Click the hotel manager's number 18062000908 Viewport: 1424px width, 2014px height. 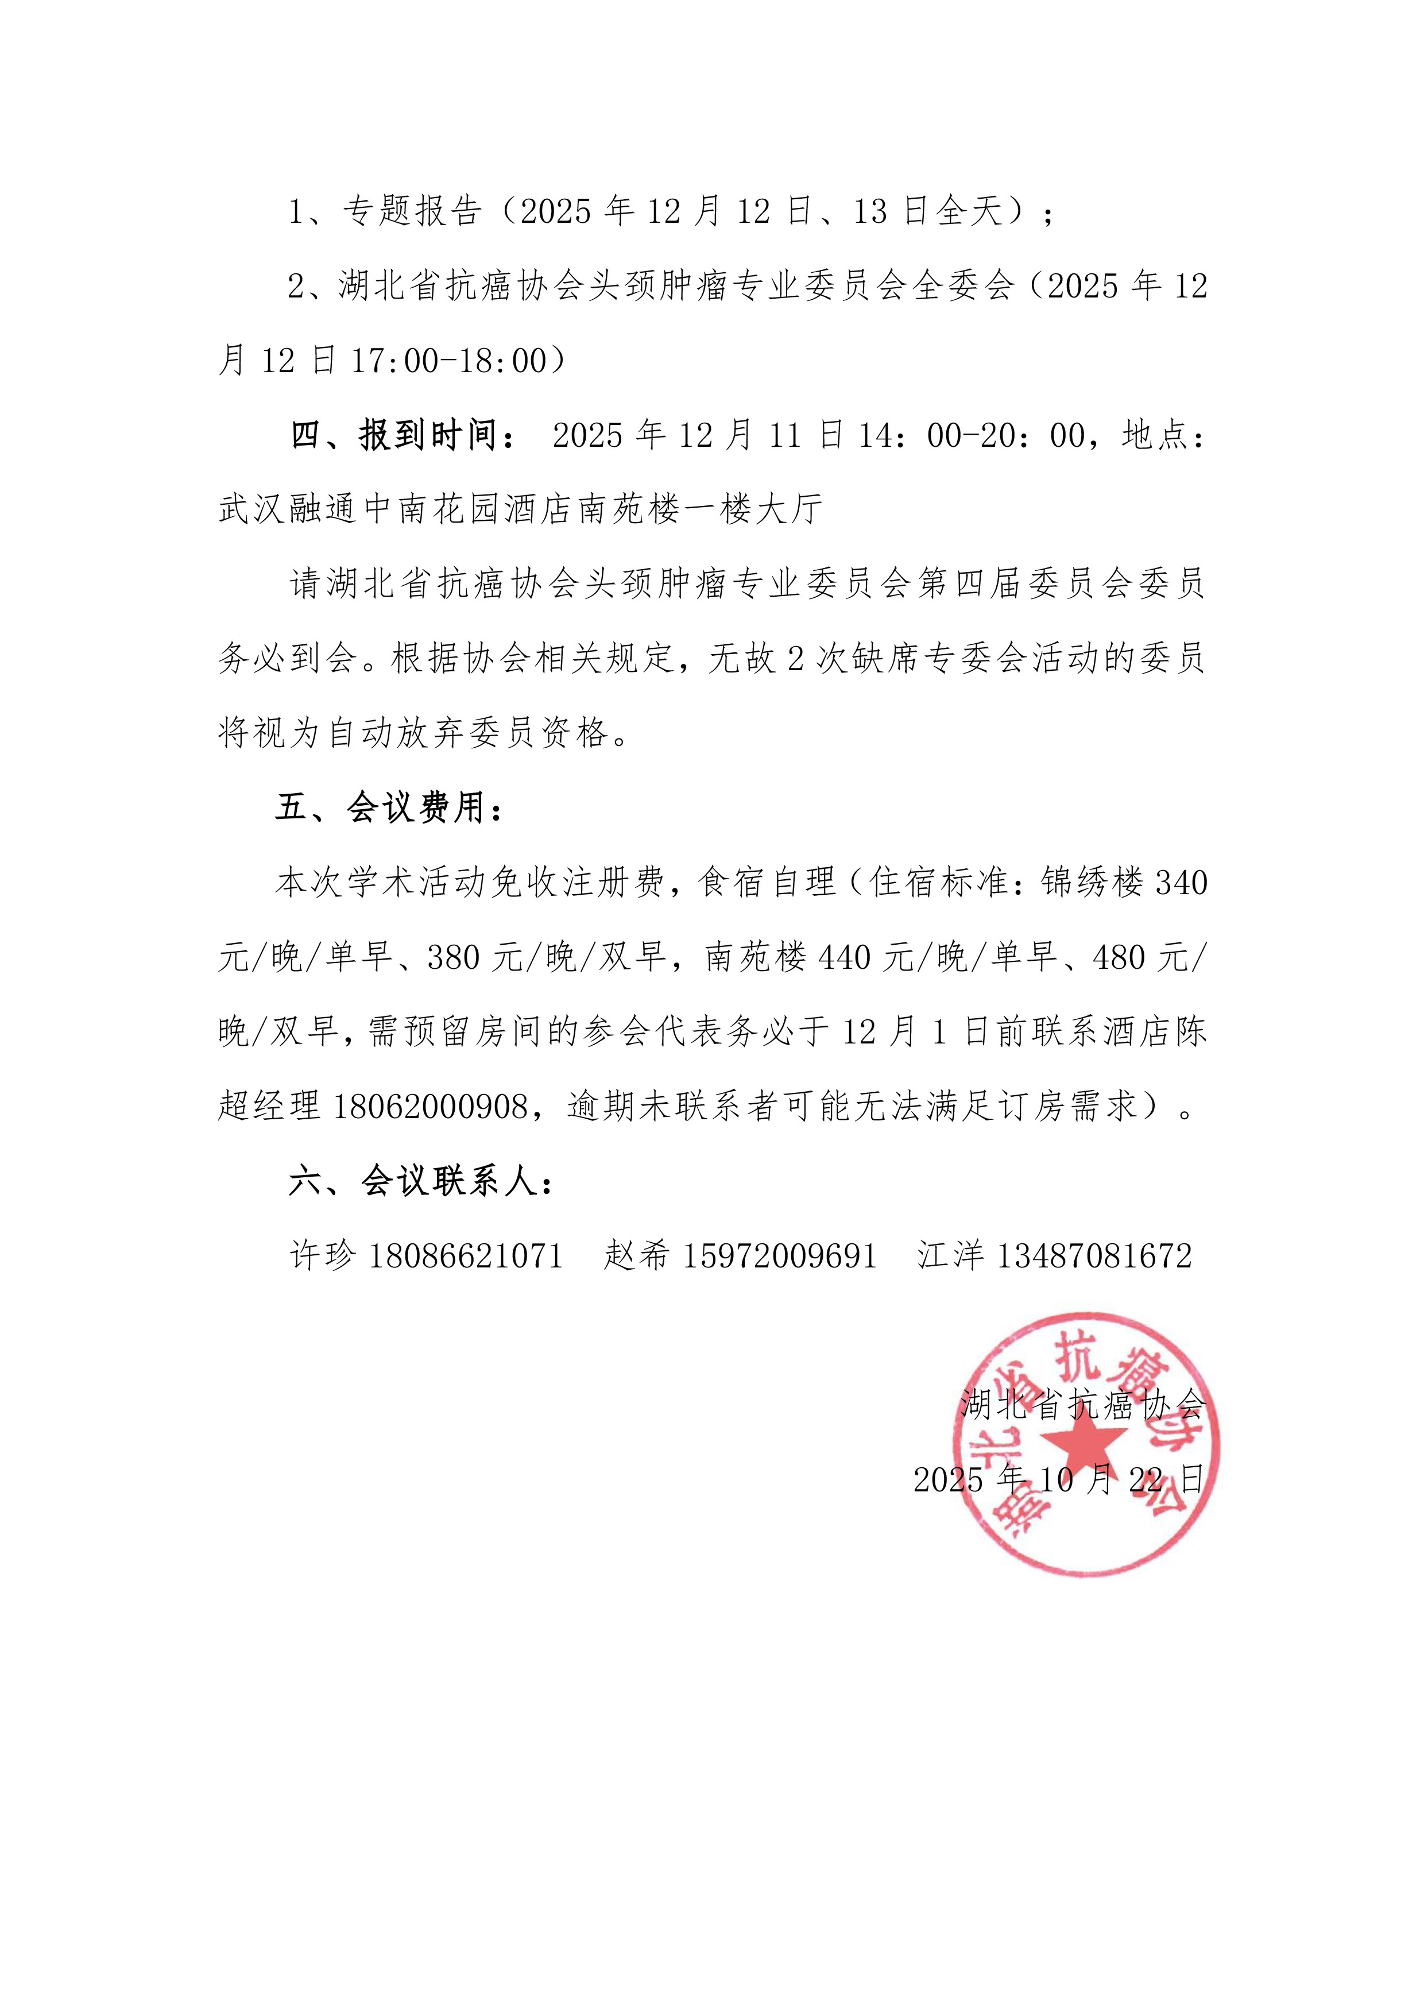pyautogui.click(x=431, y=1107)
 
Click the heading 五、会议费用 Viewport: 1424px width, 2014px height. pyautogui.click(x=390, y=807)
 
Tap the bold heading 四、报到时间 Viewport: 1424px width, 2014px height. pyautogui.click(x=405, y=435)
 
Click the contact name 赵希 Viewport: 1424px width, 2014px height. pyautogui.click(x=637, y=1256)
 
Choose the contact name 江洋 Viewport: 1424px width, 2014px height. pyautogui.click(x=951, y=1256)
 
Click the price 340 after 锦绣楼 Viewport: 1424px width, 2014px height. pyautogui.click(x=1181, y=883)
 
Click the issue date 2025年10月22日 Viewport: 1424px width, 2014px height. pyautogui.click(x=1059, y=1480)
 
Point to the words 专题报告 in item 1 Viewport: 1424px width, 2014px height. pyautogui.click(x=412, y=211)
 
